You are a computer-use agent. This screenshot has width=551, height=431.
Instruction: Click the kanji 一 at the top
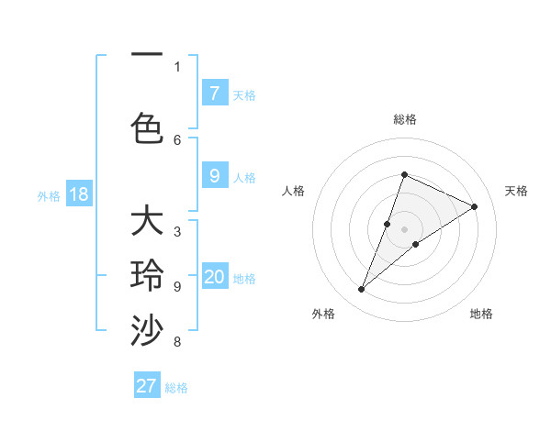click(x=147, y=56)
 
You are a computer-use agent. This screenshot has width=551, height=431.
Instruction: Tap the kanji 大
click(x=147, y=223)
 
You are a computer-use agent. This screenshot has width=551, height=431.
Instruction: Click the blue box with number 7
click(x=214, y=93)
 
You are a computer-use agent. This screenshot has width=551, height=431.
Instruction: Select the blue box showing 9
click(x=214, y=176)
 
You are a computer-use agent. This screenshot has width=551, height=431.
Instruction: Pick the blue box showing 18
click(x=78, y=194)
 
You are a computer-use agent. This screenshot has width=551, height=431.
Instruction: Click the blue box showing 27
click(x=147, y=386)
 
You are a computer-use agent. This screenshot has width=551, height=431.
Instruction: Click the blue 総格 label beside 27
click(x=176, y=388)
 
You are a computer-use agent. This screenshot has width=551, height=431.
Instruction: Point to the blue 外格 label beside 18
click(x=48, y=195)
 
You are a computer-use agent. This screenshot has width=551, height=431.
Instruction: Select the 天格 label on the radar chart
click(x=516, y=191)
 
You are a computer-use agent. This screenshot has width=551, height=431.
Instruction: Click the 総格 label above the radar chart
click(x=404, y=119)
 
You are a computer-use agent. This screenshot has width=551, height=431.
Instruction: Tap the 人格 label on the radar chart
click(x=293, y=191)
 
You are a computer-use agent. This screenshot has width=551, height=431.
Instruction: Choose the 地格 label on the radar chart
click(x=481, y=314)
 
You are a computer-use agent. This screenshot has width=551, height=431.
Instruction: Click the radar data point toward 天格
click(x=475, y=206)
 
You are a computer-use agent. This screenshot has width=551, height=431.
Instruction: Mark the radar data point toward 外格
click(x=361, y=290)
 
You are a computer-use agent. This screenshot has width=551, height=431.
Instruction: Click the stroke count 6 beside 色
click(x=177, y=139)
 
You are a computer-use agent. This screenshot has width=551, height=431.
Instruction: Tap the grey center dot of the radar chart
click(x=404, y=229)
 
